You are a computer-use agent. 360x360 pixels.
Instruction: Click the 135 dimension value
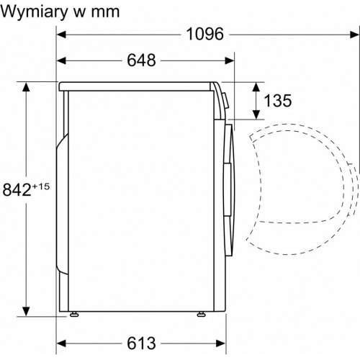click(x=277, y=101)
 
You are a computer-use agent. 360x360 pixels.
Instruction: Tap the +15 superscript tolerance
click(x=41, y=186)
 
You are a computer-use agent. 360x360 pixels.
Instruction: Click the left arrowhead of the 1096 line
click(x=62, y=34)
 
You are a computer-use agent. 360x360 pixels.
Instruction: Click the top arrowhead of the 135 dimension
click(x=256, y=86)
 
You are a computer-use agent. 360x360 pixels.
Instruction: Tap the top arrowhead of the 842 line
click(x=27, y=86)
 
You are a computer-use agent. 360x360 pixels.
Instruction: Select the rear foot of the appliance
click(x=73, y=315)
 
